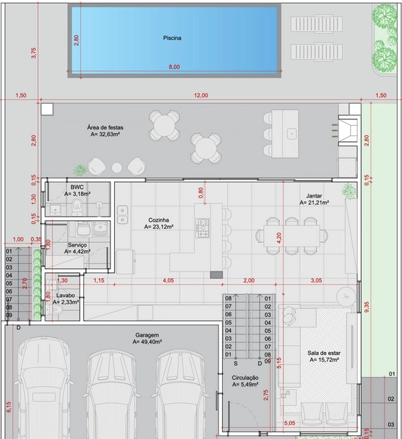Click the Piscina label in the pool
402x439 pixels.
(x=172, y=38)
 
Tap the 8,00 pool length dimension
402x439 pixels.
(x=174, y=67)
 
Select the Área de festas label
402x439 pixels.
(x=105, y=127)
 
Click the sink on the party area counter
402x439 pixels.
(x=292, y=134)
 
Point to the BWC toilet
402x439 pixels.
(x=77, y=207)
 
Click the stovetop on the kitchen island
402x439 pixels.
(x=202, y=228)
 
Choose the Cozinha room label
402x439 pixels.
(x=159, y=220)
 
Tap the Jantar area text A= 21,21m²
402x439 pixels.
(x=314, y=203)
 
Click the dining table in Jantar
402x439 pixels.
(x=292, y=236)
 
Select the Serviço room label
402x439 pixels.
(x=77, y=245)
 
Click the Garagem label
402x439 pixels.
(x=147, y=335)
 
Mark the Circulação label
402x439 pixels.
(x=245, y=378)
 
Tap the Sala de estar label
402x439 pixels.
(x=324, y=353)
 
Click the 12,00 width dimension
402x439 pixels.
(x=201, y=95)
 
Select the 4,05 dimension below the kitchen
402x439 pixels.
(x=168, y=280)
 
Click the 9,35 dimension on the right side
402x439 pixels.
(x=367, y=307)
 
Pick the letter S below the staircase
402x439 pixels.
(x=235, y=364)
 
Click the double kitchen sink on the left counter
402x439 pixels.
(x=122, y=214)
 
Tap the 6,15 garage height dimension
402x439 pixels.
(x=9, y=407)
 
